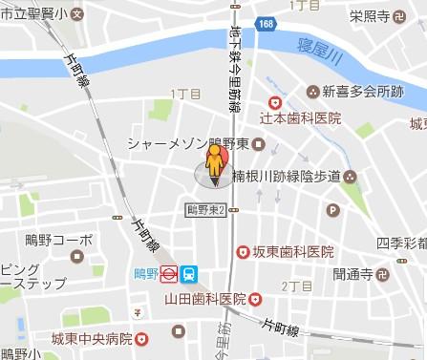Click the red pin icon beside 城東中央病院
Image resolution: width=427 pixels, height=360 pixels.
(142, 338)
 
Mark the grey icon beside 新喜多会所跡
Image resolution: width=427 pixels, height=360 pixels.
(311, 92)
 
